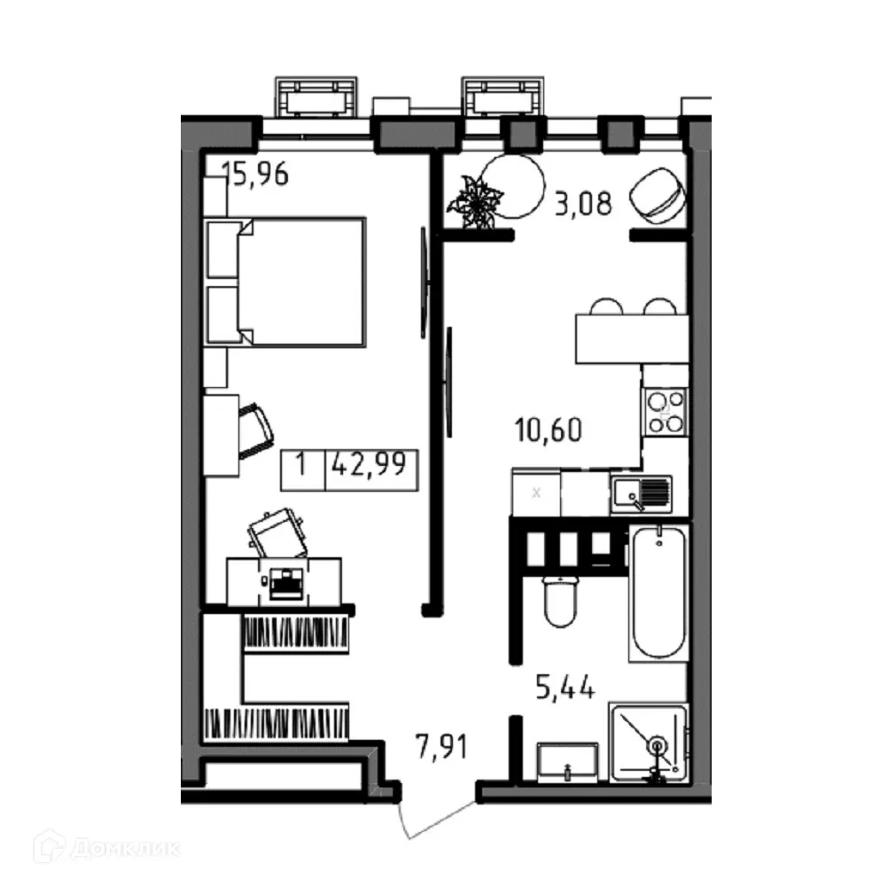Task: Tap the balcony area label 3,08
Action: (582, 206)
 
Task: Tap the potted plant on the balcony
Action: (476, 204)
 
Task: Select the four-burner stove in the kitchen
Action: (664, 411)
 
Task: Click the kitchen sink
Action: (640, 494)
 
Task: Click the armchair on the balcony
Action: (658, 196)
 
